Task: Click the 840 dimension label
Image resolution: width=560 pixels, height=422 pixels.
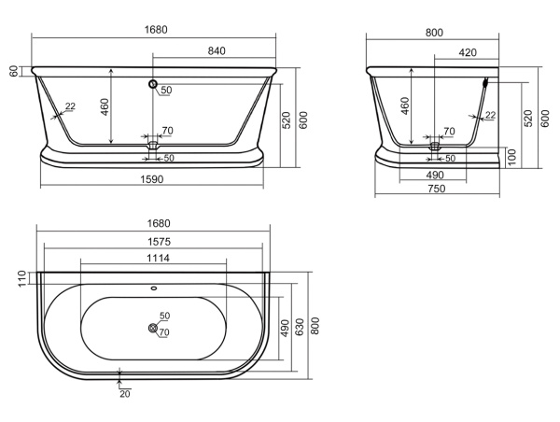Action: [217, 51]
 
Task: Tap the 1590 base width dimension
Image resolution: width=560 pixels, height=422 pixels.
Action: [152, 179]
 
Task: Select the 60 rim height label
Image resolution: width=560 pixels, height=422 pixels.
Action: [14, 71]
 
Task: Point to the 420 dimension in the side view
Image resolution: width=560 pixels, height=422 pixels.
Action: [468, 52]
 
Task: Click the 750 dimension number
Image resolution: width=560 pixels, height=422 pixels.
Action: [437, 189]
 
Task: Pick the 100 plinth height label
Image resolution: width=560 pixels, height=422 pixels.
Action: [512, 157]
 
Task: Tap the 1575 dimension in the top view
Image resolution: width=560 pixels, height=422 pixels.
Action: [159, 242]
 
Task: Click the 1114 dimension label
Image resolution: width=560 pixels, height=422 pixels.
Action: [159, 258]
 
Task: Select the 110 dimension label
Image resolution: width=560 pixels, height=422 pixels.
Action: [22, 279]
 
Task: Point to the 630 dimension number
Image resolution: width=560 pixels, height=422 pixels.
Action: [300, 328]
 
